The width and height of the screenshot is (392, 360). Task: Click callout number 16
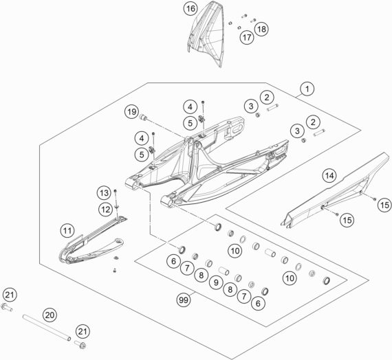190,9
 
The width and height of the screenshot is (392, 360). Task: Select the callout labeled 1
307,89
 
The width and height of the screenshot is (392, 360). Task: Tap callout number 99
184,300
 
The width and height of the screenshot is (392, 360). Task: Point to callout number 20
50,315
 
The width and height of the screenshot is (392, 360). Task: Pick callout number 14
329,176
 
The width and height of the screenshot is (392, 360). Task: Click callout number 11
67,230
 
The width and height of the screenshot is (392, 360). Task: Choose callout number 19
132,112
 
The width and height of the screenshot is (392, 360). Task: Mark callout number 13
105,192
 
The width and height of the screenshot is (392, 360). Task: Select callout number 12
105,210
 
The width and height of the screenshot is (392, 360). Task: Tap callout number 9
216,282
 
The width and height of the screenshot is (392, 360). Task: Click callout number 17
247,38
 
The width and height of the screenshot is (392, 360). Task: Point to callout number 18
261,29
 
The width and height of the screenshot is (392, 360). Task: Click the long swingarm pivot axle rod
47,328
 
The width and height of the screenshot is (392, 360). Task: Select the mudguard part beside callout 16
205,35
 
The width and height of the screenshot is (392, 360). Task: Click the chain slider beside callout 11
93,240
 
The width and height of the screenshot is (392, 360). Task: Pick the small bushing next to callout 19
143,117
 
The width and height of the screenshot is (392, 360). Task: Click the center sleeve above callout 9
224,271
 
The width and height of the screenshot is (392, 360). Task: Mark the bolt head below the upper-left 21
7,306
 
